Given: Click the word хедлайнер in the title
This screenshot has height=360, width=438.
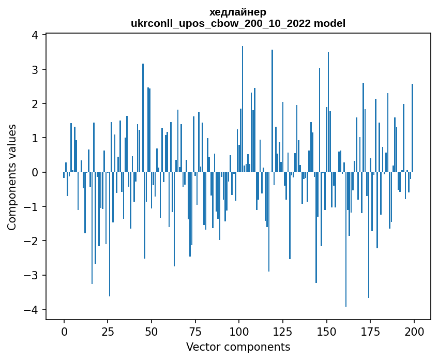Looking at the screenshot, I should [x=238, y=12].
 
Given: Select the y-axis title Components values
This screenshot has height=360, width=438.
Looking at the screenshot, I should [x=12, y=177].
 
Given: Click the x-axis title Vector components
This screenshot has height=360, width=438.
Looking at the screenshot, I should [x=238, y=347].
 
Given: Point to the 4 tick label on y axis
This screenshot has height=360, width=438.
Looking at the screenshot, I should [x=35, y=35].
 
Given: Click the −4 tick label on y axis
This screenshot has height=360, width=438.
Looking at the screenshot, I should [x=32, y=309].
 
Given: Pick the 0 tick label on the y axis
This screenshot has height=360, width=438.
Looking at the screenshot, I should [x=35, y=172].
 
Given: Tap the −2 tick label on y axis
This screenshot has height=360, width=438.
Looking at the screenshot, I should [x=32, y=241].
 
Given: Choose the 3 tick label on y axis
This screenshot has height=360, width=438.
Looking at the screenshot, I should [x=35, y=69].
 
